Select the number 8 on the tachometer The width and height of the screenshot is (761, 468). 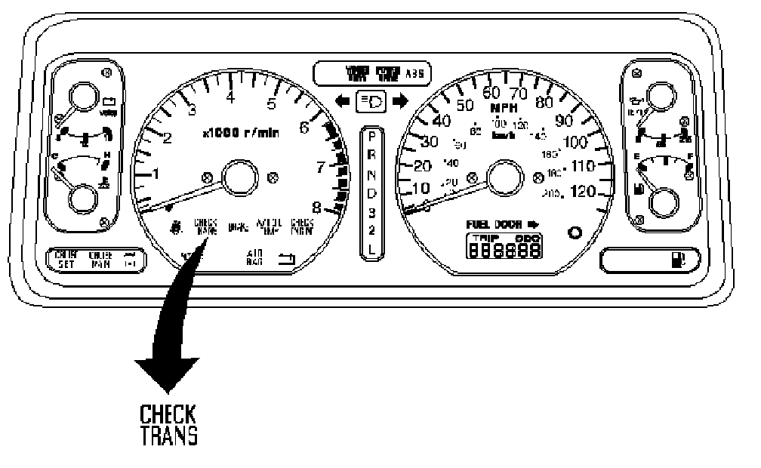pyautogui.click(x=317, y=206)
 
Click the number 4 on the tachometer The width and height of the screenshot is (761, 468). pyautogui.click(x=230, y=97)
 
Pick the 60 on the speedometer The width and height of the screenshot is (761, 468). pyautogui.click(x=491, y=93)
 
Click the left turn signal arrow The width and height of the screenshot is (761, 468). pyautogui.click(x=343, y=100)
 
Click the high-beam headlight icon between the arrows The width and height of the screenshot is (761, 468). pyautogui.click(x=371, y=100)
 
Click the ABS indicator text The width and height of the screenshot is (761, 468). pyautogui.click(x=415, y=74)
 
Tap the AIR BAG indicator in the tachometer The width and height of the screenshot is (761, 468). pyautogui.click(x=254, y=257)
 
